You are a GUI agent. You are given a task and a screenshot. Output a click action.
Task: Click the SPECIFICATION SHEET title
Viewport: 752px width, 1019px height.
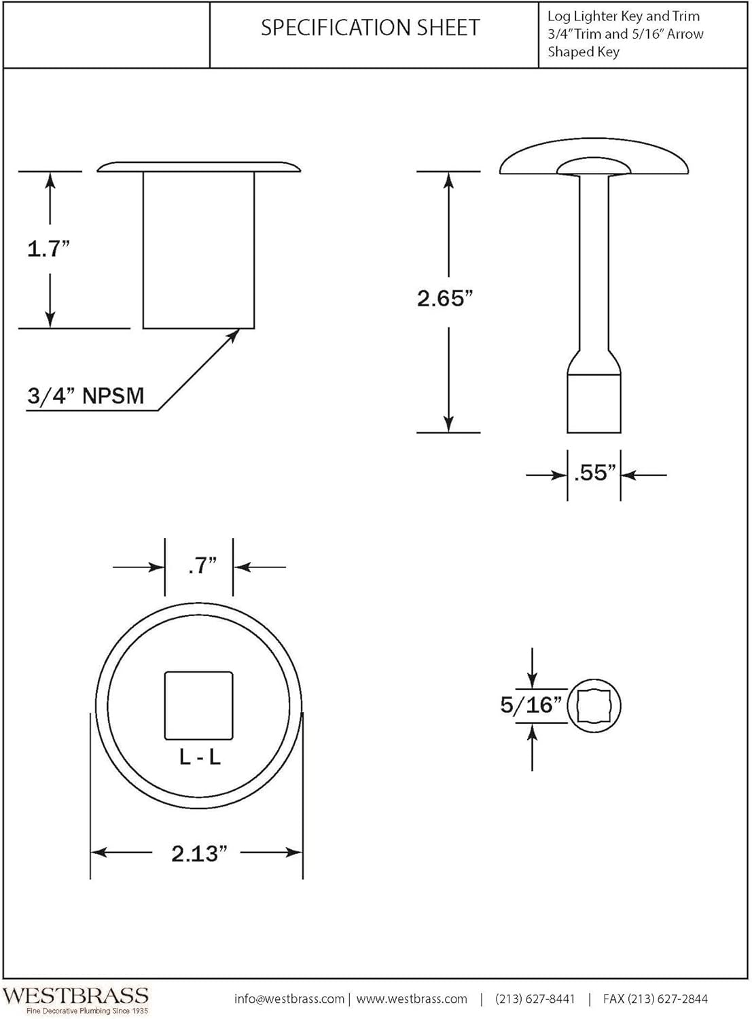pos(370,28)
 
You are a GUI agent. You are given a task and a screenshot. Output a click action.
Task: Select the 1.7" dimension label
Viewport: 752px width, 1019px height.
pos(49,249)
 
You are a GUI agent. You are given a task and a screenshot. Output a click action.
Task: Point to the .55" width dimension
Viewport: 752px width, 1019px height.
pos(594,473)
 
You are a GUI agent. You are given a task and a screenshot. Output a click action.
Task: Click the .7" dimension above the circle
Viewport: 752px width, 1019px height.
pos(202,565)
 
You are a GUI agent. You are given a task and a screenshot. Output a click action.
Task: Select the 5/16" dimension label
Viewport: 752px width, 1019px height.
pos(531,705)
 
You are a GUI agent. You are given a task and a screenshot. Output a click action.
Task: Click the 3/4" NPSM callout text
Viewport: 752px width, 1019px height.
pos(86,395)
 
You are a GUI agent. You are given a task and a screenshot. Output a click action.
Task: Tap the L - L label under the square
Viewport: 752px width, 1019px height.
pos(200,757)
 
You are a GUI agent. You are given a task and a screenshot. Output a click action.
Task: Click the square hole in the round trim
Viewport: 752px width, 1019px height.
pos(199,706)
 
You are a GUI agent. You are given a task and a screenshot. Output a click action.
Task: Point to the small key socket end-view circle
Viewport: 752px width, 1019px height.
pos(594,706)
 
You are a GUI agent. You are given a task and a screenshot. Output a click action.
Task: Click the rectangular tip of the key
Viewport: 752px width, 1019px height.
pos(594,403)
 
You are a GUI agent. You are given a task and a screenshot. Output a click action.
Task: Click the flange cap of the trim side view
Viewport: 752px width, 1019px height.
pos(198,166)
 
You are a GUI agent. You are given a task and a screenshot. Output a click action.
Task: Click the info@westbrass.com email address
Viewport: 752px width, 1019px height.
pos(289,999)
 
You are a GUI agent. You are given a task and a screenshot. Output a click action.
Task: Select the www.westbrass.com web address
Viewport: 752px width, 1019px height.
pos(412,999)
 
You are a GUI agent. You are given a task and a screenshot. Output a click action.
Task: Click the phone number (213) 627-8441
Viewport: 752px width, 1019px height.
pos(535,999)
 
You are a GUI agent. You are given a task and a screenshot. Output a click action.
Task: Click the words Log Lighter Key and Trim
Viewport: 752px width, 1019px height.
pos(624,16)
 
